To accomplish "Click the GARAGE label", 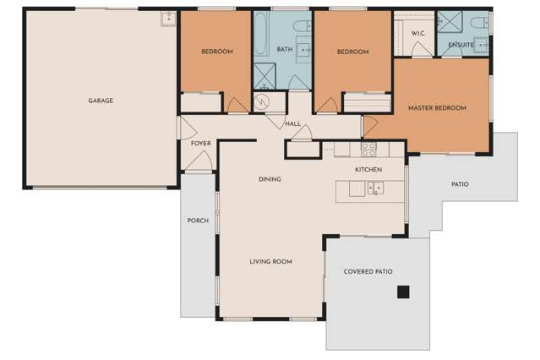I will tap(101, 101).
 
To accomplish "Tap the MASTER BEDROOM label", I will tap(437, 108).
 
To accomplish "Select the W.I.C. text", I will tap(417, 33).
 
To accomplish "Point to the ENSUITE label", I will tap(461, 44).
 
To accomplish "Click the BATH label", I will tap(285, 50).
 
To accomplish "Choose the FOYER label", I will tap(200, 144).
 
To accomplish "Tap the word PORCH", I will tap(198, 221).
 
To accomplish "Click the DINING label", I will tap(270, 179).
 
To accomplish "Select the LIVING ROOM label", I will tap(270, 262).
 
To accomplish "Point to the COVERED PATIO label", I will tap(368, 271).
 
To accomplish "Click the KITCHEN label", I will tap(368, 170).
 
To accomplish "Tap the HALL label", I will tap(293, 124).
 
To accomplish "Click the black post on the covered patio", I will tap(403, 292).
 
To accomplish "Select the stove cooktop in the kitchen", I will tap(368, 150).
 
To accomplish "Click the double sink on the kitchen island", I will tap(374, 188).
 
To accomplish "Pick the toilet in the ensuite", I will tap(479, 21).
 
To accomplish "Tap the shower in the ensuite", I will tap(447, 21).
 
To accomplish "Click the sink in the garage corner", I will tap(167, 18).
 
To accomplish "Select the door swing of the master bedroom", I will tap(370, 125).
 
